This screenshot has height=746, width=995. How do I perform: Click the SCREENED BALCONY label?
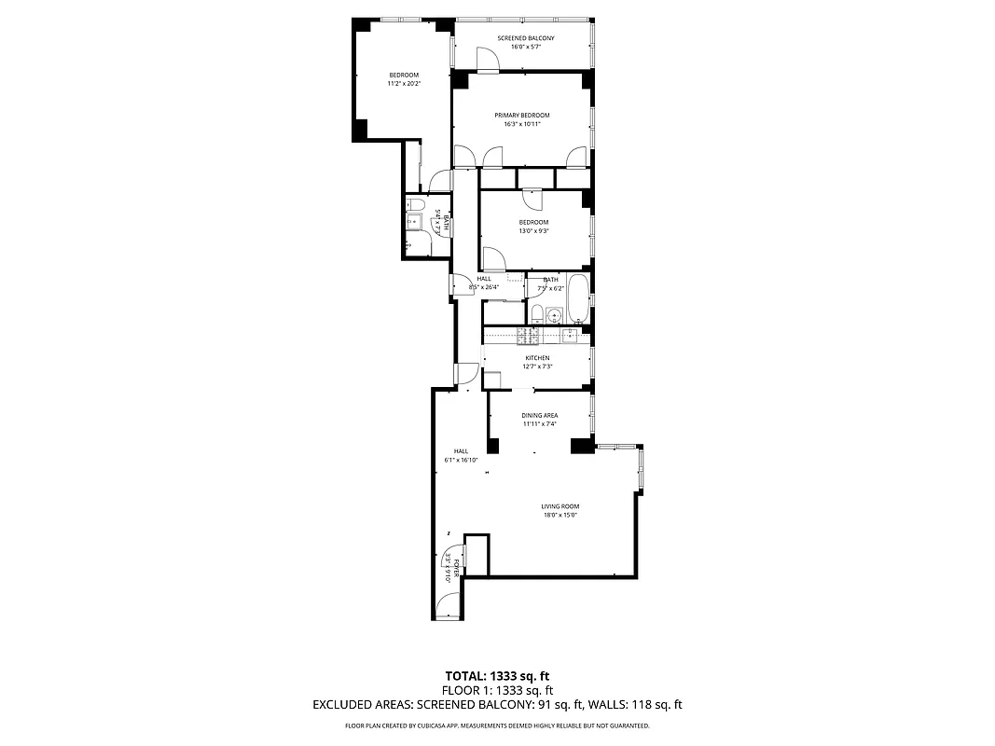[525, 38]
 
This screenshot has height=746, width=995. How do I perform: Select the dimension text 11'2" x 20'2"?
[404, 84]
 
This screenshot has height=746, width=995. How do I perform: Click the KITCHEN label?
[537, 358]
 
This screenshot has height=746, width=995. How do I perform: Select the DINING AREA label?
[539, 416]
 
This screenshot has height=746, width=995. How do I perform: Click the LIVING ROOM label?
[560, 506]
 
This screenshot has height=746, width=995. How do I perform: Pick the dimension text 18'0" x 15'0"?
[560, 515]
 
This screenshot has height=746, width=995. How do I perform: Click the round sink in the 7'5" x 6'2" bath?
[540, 313]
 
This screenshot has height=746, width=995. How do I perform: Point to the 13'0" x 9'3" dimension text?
[534, 231]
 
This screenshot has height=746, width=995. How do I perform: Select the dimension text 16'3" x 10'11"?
[521, 124]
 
